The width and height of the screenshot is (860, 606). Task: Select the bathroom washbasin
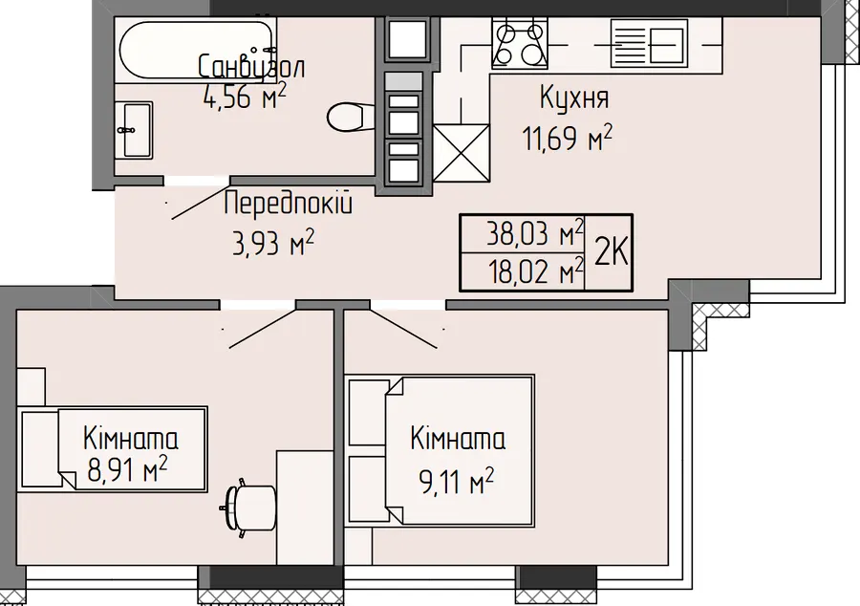coord(134,130)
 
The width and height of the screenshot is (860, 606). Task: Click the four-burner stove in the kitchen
coord(520,43)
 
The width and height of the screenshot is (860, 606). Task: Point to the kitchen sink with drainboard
coord(649,43)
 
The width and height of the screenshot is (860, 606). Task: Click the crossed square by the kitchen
coord(461,153)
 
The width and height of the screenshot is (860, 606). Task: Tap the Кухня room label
coord(574,97)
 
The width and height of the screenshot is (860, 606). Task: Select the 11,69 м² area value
coord(567,137)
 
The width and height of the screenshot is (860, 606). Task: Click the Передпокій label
coord(289,204)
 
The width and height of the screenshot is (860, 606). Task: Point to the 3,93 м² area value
coord(273,243)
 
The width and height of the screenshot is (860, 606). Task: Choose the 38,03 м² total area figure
coord(535,233)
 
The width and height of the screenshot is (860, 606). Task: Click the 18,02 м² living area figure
coord(536,271)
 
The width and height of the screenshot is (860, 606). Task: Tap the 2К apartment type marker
coord(611,252)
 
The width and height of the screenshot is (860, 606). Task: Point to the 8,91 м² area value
coord(127,470)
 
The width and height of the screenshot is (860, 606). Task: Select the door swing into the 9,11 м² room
coord(403,329)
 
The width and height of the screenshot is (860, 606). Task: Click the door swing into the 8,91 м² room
coord(262,329)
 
